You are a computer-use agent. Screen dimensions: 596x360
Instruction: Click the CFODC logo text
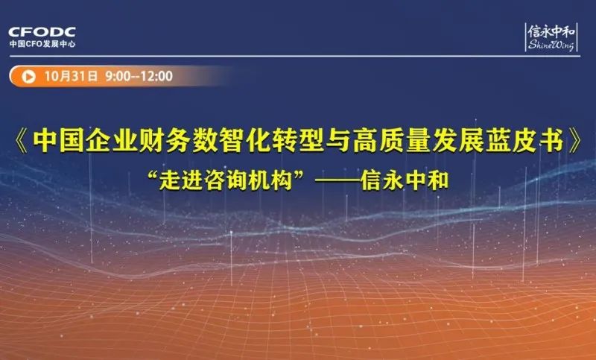42,31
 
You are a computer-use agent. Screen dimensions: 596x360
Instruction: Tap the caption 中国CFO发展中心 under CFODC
42,44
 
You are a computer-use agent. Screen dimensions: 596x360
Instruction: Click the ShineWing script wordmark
551,45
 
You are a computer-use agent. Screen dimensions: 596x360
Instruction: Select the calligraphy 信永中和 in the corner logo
551,31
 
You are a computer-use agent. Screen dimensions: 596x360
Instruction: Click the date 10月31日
71,76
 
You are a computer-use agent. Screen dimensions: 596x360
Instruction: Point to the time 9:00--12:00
139,76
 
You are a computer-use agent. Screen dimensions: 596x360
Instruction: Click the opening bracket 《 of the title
22,141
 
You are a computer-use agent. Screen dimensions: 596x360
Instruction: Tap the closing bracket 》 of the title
574,141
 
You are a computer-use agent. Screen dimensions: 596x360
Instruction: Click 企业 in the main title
111,141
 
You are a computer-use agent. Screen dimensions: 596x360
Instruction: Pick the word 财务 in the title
164,141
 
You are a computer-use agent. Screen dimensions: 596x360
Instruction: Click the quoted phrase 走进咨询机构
226,181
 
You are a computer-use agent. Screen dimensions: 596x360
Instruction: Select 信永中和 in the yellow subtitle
405,181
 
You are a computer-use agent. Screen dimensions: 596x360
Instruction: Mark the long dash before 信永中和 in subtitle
338,181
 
